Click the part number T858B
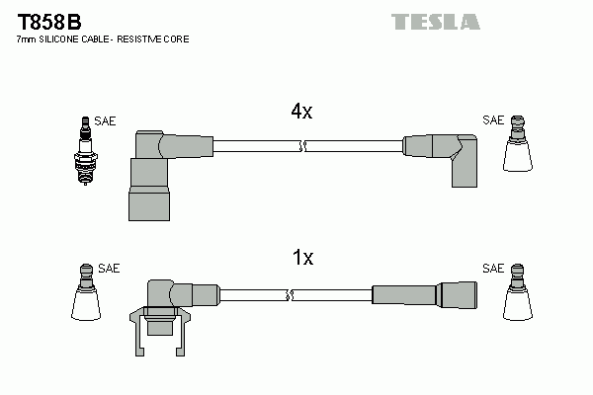[49, 23]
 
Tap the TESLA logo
[436, 22]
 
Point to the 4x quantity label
[301, 112]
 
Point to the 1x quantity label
[303, 258]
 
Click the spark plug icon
[85, 150]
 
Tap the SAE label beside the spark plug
[105, 120]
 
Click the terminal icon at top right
[517, 143]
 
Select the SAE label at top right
[493, 120]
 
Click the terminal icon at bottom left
[86, 292]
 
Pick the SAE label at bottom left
[109, 269]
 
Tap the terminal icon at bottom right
[517, 292]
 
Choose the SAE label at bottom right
[493, 269]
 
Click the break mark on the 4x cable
[302, 146]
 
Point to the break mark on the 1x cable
[290, 295]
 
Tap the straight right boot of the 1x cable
[424, 295]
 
